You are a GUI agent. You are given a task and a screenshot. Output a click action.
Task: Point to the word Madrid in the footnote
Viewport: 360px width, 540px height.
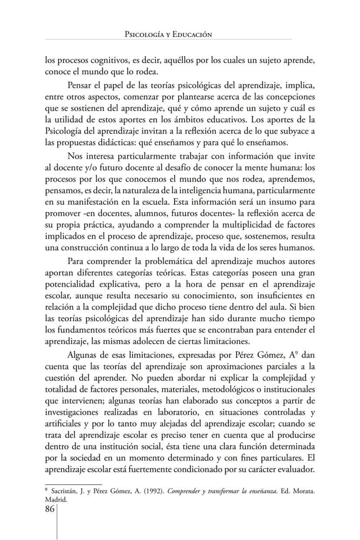(x=55, y=499)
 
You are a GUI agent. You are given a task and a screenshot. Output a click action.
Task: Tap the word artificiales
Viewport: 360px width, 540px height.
(x=65, y=423)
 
